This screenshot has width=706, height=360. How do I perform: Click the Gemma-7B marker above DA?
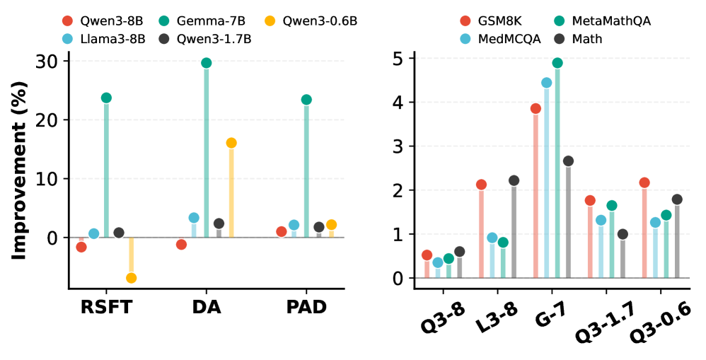point(207,63)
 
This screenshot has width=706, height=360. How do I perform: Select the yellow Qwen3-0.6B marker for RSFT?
point(131,278)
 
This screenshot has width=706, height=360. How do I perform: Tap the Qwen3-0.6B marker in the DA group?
point(231,143)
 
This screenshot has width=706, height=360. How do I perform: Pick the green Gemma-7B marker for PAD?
point(306,100)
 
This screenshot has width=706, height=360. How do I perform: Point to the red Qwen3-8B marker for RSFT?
point(81,247)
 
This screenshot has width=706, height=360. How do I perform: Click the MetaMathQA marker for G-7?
point(557,63)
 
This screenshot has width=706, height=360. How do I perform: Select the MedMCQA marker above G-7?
point(546,83)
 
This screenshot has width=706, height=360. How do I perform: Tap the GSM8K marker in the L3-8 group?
point(481,185)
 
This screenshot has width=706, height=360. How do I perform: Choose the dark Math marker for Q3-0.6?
point(677,199)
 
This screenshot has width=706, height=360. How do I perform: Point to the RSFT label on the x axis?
point(106,308)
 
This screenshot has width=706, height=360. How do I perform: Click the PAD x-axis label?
point(306,308)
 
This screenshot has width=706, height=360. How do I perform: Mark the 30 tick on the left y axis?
point(47,61)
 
